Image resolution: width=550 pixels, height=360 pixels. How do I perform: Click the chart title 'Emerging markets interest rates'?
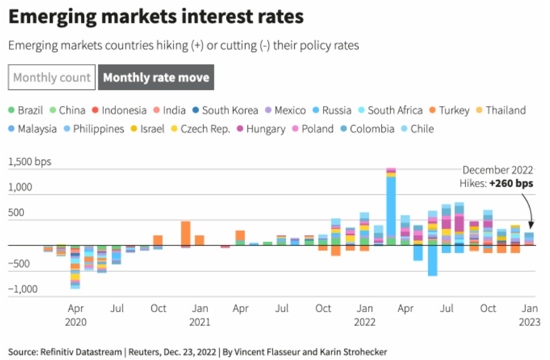tap(156, 17)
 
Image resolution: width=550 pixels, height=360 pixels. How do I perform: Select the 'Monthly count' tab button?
tap(52, 77)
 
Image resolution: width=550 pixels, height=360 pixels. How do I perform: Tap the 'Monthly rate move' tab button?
tap(156, 77)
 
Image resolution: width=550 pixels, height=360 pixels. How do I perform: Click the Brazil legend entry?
tap(25, 110)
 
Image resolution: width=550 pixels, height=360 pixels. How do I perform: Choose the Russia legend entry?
tap(331, 110)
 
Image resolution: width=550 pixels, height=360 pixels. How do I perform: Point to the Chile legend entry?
tap(417, 129)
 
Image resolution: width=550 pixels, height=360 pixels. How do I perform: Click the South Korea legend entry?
tap(225, 110)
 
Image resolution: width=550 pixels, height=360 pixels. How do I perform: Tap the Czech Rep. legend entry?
tap(200, 129)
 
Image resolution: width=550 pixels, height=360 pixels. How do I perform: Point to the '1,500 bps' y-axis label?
tap(30, 162)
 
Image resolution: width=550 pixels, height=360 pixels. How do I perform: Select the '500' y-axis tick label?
tap(17, 212)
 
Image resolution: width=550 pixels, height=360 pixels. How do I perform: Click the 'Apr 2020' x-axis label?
tap(76, 315)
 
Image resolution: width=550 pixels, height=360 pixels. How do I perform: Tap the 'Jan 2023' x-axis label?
tap(529, 315)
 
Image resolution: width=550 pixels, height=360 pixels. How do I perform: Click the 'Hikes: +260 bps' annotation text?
tap(497, 184)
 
